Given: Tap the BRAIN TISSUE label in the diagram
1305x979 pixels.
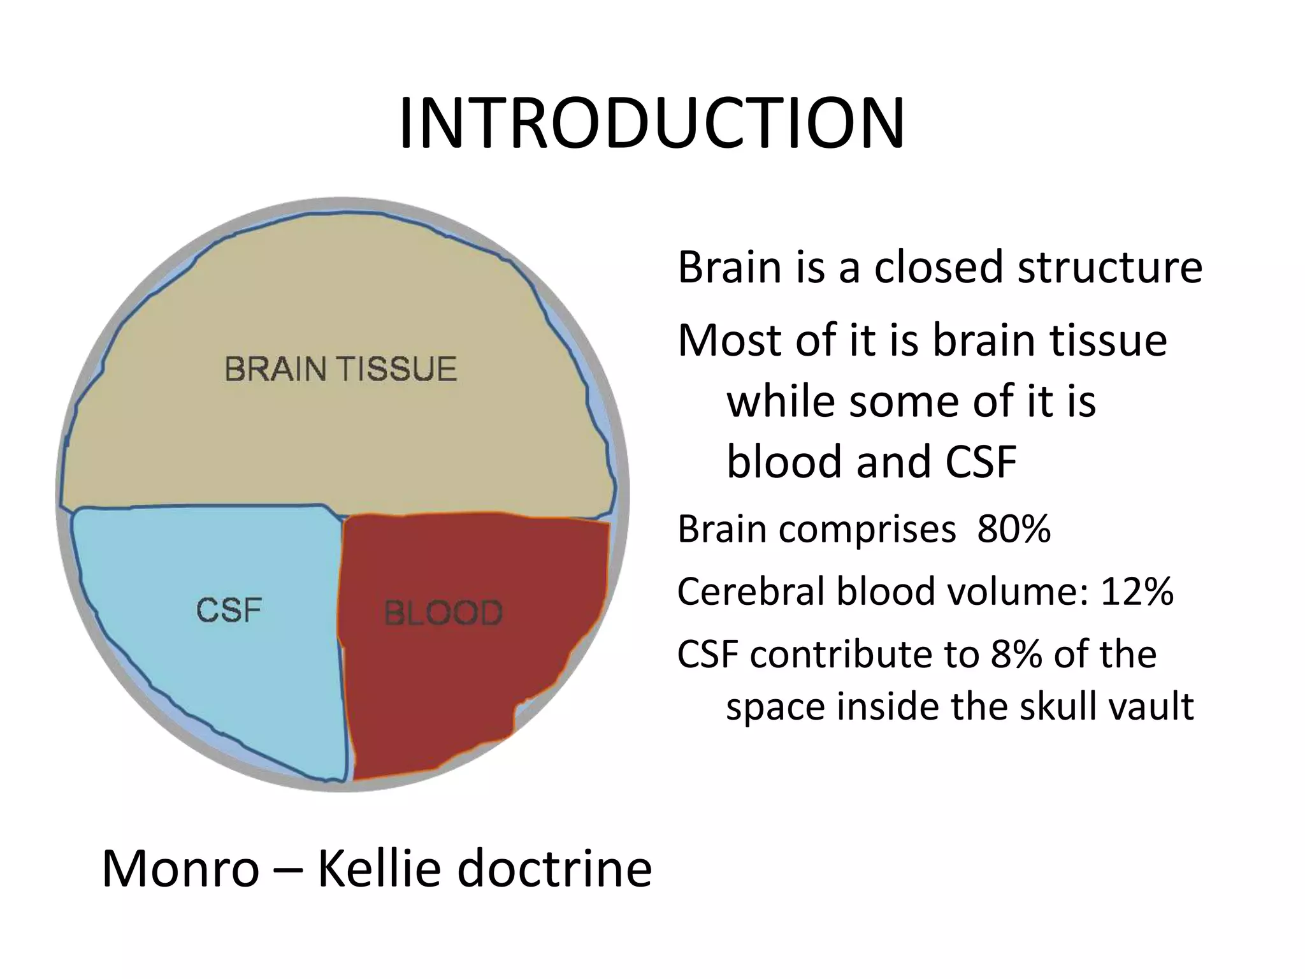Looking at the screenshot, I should coord(341,369).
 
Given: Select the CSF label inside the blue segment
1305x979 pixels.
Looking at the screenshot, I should coord(229,610).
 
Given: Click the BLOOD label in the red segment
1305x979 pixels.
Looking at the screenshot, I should coord(443,613).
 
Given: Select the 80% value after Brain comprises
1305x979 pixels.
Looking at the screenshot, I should coord(1014,528).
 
